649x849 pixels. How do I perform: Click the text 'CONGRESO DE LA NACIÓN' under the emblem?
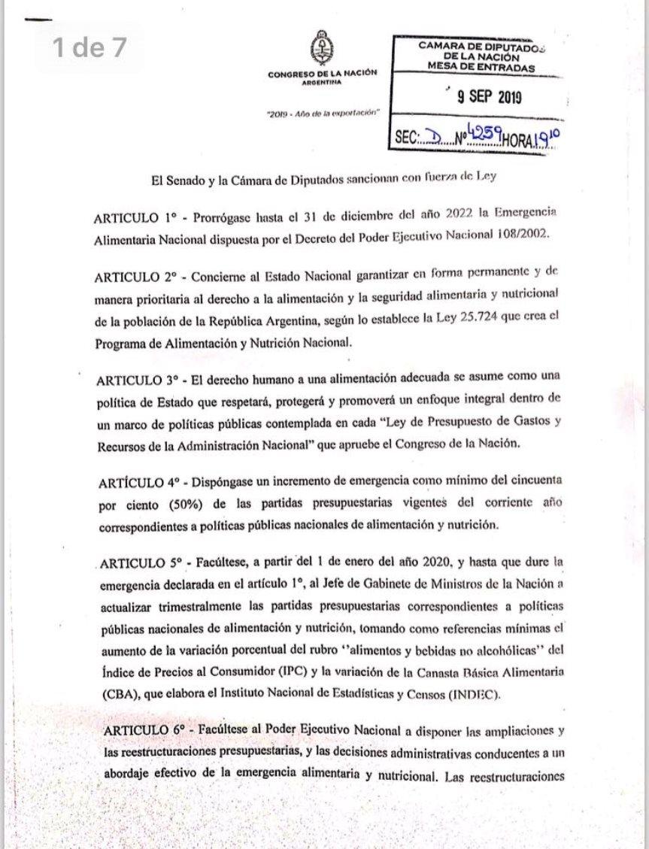click(322, 74)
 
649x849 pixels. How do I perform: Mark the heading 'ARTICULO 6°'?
click(141, 730)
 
